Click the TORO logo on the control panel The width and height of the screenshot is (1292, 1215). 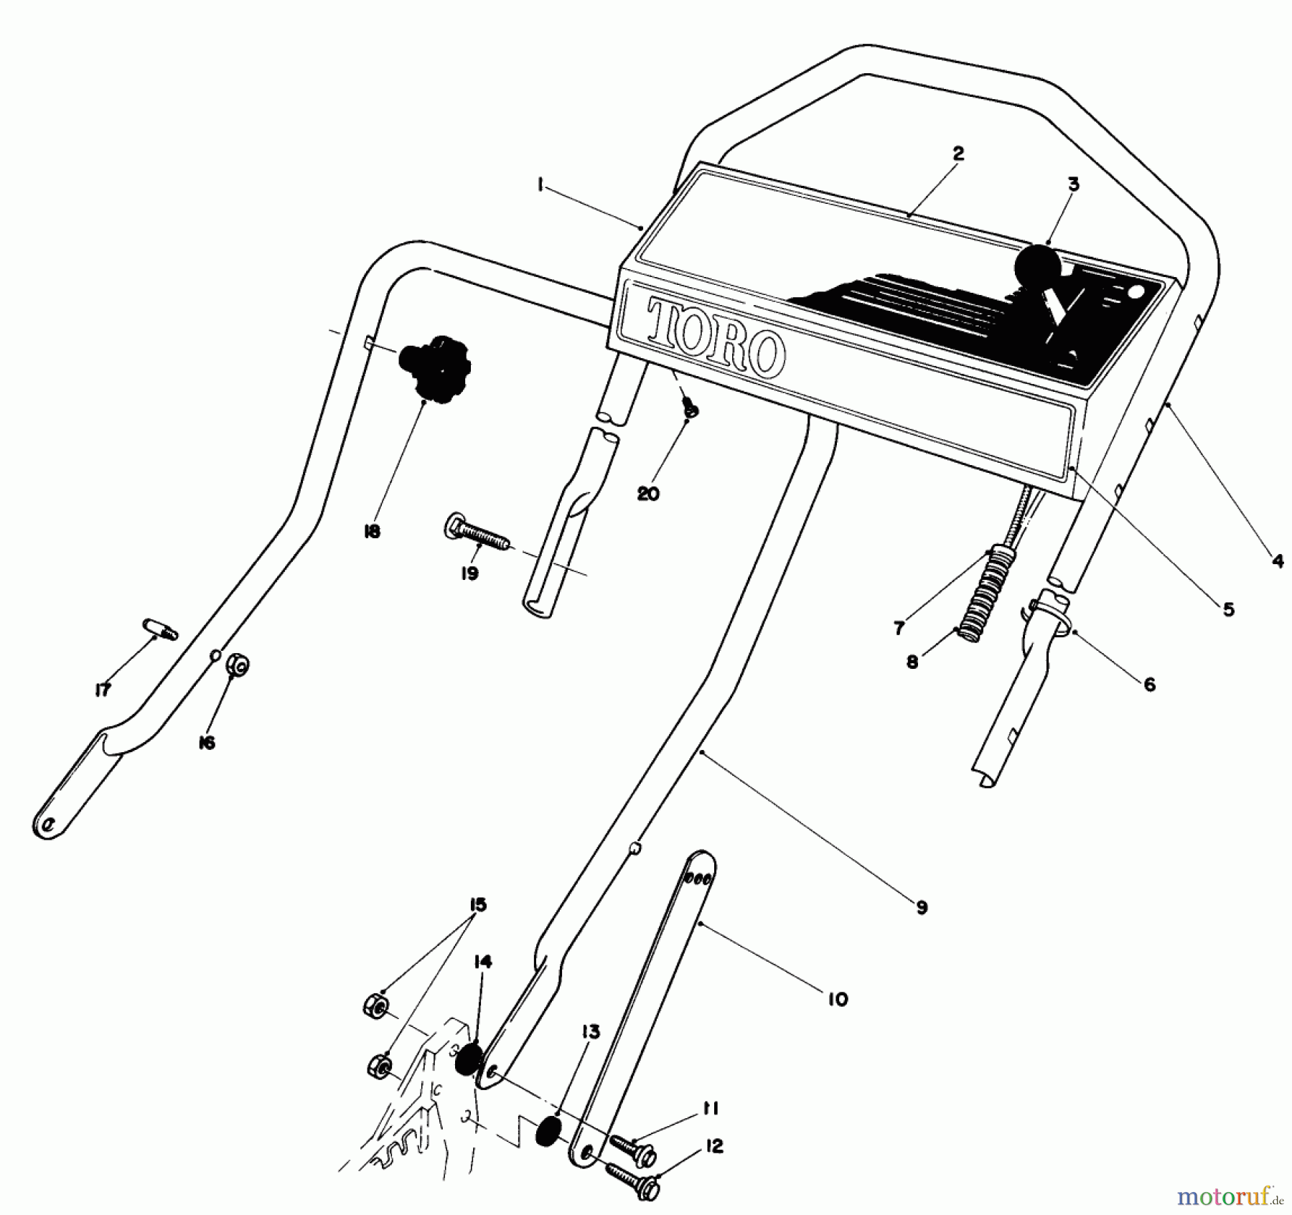point(713,338)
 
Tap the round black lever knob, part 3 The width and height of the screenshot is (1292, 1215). point(1037,267)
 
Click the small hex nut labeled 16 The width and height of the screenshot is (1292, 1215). point(237,666)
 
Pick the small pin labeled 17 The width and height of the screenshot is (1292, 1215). point(161,629)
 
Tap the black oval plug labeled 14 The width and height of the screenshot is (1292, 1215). point(469,1059)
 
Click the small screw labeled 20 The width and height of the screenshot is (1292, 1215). point(690,410)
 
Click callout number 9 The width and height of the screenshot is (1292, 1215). point(922,907)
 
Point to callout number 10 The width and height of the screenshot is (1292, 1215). point(838,999)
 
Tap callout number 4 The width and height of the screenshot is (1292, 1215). point(1278,561)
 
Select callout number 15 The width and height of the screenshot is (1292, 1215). point(477,905)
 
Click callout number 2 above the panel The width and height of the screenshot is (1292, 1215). point(958,154)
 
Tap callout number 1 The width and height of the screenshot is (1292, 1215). point(540,184)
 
